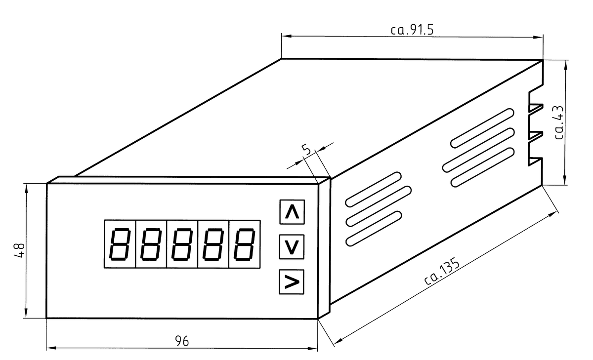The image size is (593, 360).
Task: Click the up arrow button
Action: click(292, 212)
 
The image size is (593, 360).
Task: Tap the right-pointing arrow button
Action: click(292, 281)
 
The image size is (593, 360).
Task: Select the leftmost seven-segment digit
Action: click(120, 244)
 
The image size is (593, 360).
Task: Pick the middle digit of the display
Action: click(182, 244)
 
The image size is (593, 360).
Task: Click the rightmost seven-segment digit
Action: click(244, 244)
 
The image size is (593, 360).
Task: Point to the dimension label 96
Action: click(182, 341)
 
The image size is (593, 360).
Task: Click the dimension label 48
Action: click(19, 250)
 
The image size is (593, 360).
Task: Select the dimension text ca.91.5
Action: click(412, 30)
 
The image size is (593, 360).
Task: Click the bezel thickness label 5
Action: click(306, 150)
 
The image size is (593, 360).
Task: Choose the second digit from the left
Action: click(151, 244)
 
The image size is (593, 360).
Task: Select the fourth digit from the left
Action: click(213, 244)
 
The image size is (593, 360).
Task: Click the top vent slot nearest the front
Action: click(373, 189)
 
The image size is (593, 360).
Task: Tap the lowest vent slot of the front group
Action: click(373, 229)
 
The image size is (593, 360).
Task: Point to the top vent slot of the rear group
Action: click(482, 128)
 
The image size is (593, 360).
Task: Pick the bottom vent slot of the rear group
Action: click(482, 167)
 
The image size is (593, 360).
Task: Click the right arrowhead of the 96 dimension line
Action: click(313, 349)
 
